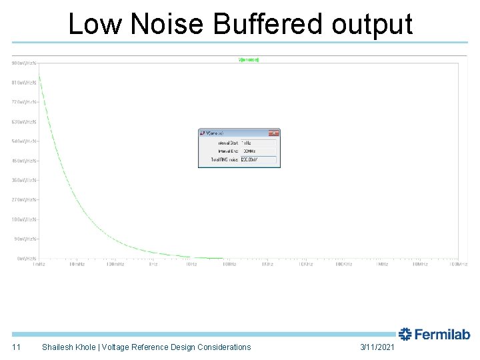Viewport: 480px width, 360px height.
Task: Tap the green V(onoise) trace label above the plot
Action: (249, 59)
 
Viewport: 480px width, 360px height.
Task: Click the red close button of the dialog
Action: (273, 133)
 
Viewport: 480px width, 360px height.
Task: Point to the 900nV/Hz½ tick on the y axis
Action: (24, 63)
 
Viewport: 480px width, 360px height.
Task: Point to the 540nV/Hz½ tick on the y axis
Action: (24, 141)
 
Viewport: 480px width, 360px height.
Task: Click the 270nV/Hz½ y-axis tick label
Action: (24, 199)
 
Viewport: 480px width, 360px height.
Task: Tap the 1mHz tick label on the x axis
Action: (39, 265)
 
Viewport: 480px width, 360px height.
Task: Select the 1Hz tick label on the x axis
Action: (153, 265)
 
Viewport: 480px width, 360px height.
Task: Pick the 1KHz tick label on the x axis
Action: (267, 265)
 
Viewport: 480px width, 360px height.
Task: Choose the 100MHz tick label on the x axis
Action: (457, 265)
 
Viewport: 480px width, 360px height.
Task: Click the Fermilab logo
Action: (435, 334)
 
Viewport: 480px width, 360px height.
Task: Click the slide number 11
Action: (17, 347)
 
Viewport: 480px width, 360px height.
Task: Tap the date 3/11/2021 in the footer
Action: (377, 347)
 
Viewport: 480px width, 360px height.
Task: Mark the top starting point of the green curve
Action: (39, 75)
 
